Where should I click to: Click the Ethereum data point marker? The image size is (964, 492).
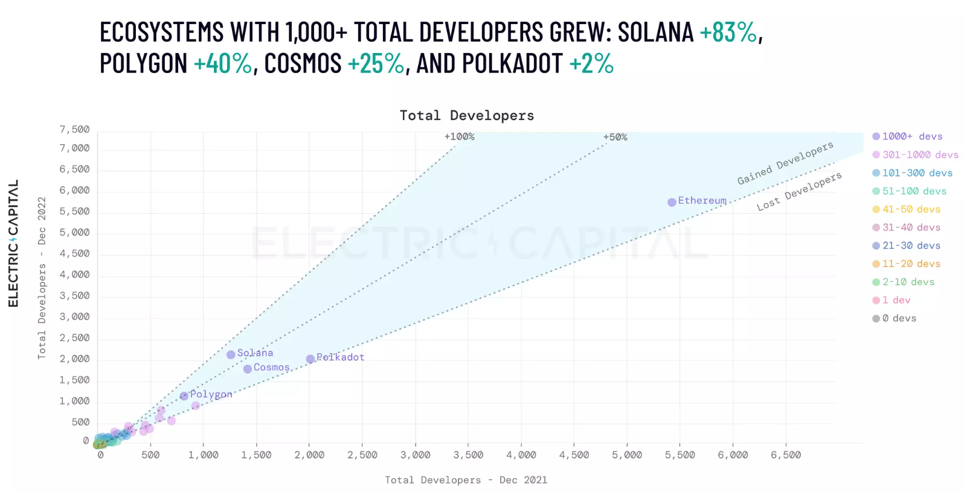(672, 202)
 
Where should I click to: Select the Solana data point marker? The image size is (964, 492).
(231, 355)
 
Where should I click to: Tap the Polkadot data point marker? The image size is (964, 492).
(310, 359)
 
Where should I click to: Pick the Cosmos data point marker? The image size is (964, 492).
(248, 369)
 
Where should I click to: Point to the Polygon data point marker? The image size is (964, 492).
(184, 396)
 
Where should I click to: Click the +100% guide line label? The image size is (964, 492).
(459, 137)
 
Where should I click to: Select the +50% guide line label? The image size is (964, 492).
(615, 138)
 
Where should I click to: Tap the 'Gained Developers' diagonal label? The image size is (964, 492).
(785, 163)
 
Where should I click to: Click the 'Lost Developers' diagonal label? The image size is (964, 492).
(799, 191)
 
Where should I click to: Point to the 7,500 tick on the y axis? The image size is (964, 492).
(74, 130)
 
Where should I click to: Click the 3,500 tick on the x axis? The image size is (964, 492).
(468, 455)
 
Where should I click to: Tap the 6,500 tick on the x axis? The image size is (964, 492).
(786, 455)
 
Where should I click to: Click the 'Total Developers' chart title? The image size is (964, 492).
(467, 115)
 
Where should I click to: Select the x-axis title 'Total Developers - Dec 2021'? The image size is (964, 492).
(466, 480)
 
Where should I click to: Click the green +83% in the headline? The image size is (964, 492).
(728, 32)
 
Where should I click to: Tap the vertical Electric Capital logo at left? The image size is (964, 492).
(13, 243)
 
